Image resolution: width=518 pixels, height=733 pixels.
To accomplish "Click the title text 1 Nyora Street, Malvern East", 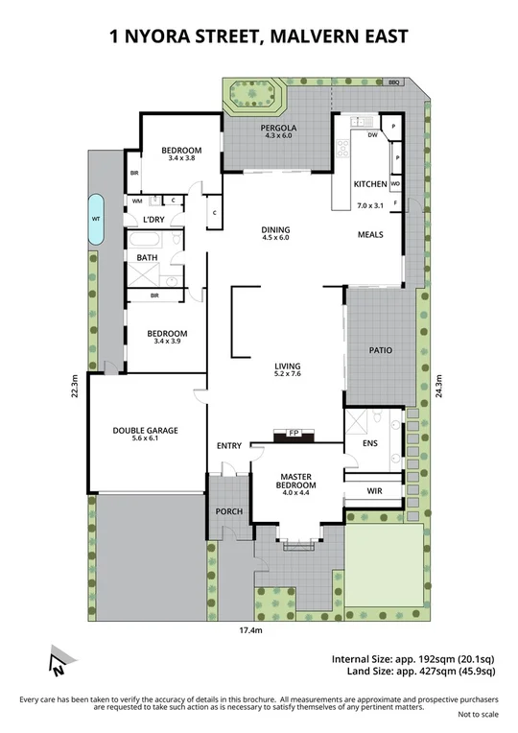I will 259,37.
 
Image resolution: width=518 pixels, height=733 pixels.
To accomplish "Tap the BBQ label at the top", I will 394,83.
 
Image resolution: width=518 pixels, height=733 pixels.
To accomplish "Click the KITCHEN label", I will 370,183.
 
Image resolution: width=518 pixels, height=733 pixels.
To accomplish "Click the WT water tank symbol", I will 96,218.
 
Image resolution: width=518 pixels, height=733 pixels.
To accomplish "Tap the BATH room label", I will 147,257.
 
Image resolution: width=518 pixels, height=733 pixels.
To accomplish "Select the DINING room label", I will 275,229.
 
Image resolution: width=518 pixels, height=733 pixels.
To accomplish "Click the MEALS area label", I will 370,234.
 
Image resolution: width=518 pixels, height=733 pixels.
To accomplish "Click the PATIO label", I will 381,350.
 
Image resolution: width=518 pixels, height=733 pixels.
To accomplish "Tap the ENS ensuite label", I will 370,444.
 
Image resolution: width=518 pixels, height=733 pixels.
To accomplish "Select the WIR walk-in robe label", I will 375,490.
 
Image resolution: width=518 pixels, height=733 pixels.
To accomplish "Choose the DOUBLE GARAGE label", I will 145,431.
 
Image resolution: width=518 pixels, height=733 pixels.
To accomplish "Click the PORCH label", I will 228,510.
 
